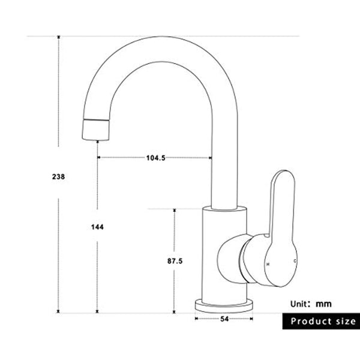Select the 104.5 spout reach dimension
155,158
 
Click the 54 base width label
224,319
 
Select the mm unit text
325,304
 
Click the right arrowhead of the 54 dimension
251,319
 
